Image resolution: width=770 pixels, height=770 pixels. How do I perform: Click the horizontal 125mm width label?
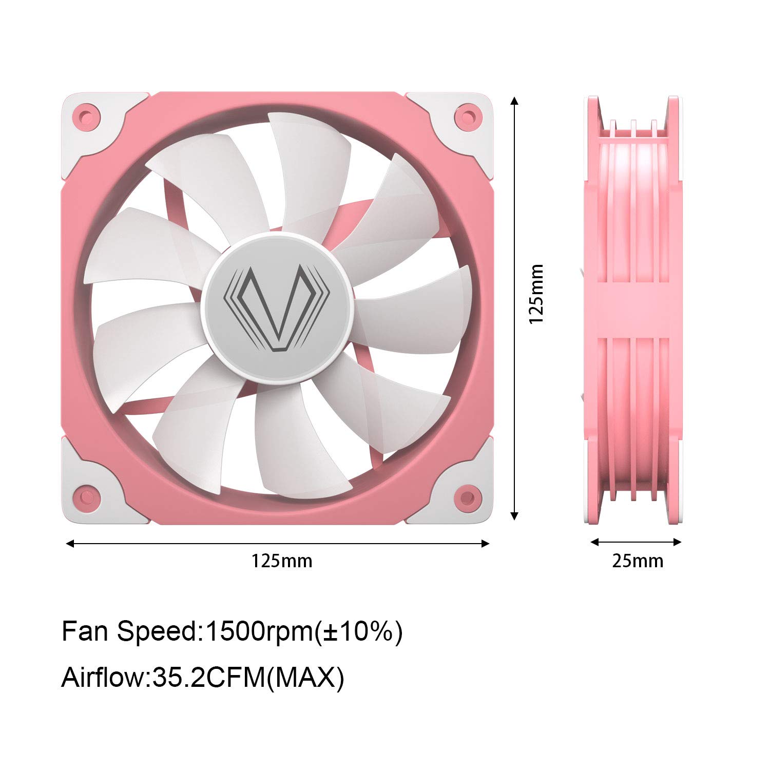click(x=281, y=561)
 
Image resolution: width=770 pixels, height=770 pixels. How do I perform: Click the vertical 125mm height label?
click(x=536, y=294)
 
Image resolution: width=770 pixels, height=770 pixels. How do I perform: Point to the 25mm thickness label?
click(x=638, y=561)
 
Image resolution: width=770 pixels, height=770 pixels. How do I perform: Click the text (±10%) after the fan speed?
click(x=358, y=631)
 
